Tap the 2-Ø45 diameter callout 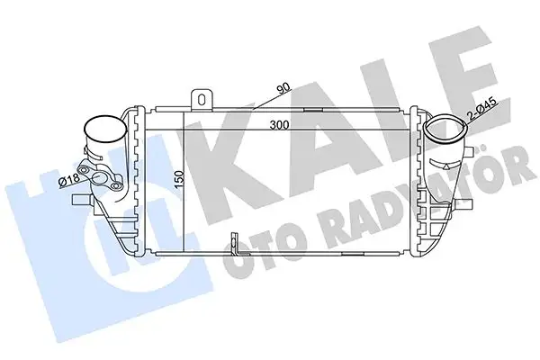pos(484,109)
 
